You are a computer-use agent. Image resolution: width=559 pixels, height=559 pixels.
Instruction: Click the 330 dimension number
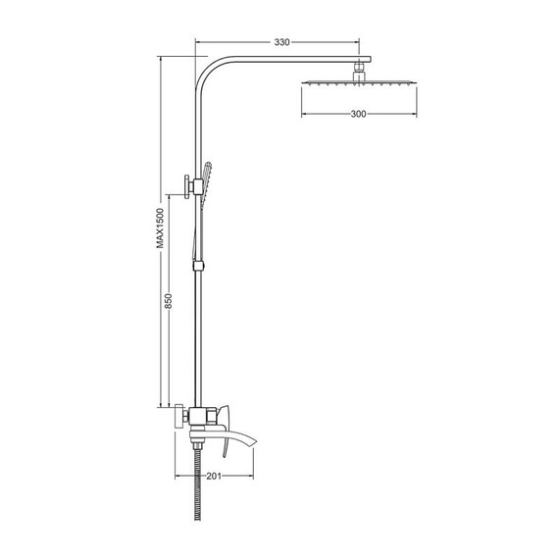[281, 43]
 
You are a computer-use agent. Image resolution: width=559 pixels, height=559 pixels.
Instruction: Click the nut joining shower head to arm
[360, 71]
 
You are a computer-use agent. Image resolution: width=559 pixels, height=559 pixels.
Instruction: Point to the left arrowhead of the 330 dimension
[199, 43]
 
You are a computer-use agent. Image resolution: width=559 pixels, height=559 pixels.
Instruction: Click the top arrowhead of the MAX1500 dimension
[162, 60]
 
